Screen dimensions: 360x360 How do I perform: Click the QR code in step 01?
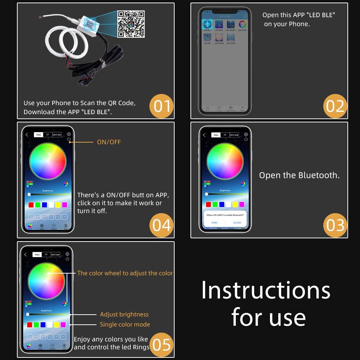click(x=131, y=24)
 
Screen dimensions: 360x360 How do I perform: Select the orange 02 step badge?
click(x=335, y=106)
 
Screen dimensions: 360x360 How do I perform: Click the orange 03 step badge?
click(x=335, y=225)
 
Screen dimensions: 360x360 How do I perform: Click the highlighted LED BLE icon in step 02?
click(x=208, y=24)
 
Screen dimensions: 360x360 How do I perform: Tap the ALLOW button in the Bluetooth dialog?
click(x=237, y=222)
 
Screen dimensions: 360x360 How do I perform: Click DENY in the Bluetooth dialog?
click(x=215, y=222)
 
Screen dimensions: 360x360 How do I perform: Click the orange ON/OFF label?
click(x=109, y=142)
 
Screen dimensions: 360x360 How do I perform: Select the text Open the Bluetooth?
click(x=299, y=176)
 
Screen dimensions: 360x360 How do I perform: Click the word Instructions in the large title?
click(x=266, y=290)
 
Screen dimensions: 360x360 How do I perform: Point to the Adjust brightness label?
click(x=124, y=314)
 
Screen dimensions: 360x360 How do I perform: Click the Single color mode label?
click(x=125, y=324)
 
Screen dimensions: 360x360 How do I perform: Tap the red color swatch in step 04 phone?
click(x=31, y=205)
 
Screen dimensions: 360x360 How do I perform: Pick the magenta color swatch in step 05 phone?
click(x=63, y=325)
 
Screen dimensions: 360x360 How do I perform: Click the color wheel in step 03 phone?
click(x=225, y=161)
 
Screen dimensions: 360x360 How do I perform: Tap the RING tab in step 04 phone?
click(x=38, y=135)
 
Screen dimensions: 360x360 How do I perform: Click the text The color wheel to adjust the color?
click(x=125, y=273)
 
